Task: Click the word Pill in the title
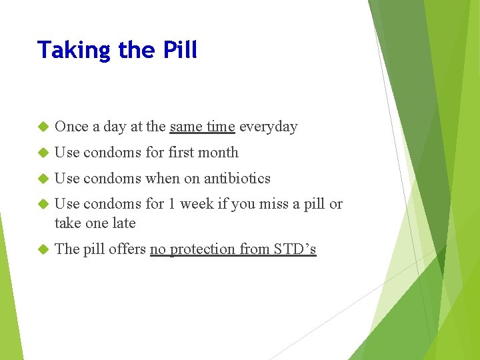pos(179,50)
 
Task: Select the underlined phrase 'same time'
pos(202,127)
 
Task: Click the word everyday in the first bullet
pos(268,127)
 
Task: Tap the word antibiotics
pos(237,179)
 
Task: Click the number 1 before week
pos(172,204)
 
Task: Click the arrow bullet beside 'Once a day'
pos(43,127)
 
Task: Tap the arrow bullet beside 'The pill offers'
pos(43,249)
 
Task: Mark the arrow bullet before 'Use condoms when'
pos(43,179)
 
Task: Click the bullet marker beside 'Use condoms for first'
pos(43,153)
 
